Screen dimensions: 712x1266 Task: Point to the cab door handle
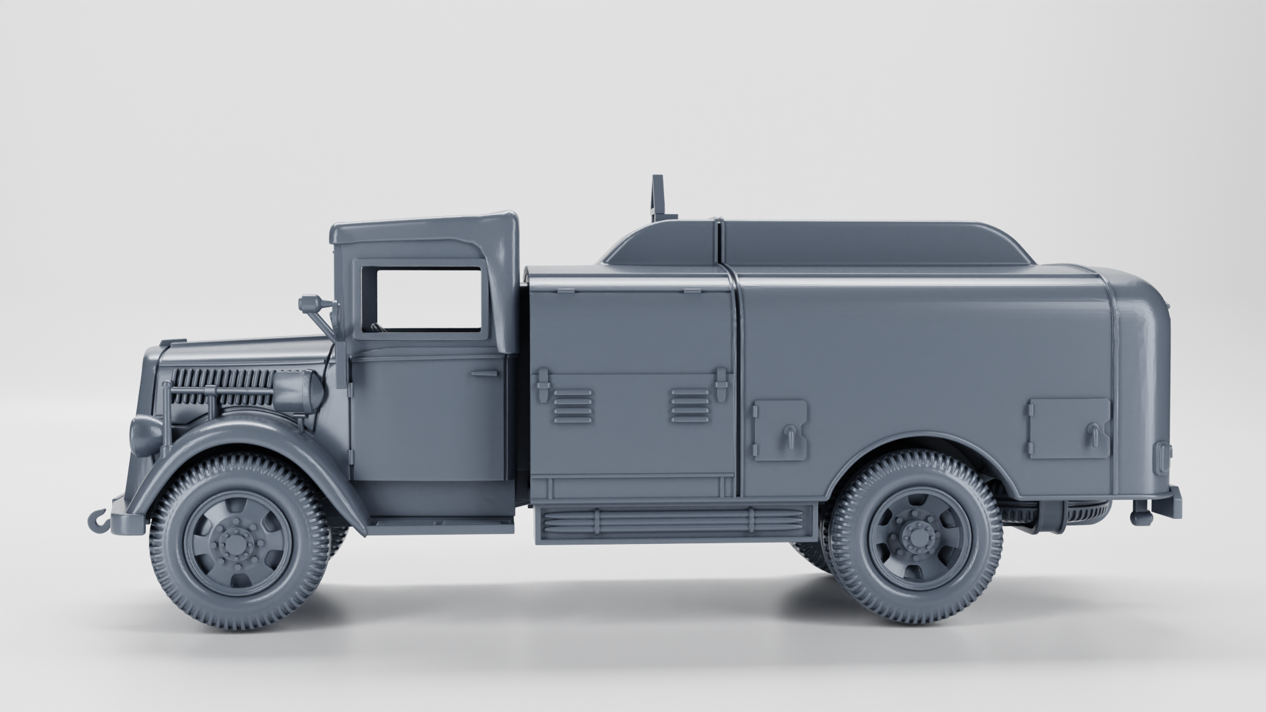pyautogui.click(x=485, y=373)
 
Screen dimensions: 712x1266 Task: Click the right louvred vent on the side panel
pyautogui.click(x=690, y=405)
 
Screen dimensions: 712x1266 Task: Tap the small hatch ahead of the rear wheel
pyautogui.click(x=781, y=429)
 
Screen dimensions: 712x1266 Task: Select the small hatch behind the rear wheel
pyautogui.click(x=1068, y=428)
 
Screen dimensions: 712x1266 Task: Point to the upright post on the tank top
pyautogui.click(x=657, y=198)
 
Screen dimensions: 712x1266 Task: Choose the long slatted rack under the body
pyautogui.click(x=673, y=521)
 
